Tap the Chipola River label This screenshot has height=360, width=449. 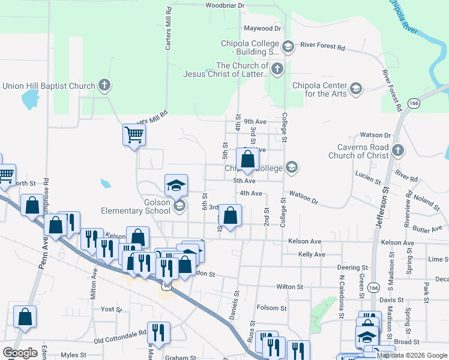(404, 18)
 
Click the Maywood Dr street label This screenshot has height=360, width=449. (262, 28)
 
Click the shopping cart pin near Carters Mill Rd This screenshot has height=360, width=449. (134, 134)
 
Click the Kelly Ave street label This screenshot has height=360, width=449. (312, 254)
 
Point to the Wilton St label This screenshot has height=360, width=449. (289, 287)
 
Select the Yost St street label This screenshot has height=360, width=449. (112, 310)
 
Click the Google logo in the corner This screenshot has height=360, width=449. (20, 352)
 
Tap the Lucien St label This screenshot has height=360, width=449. (368, 179)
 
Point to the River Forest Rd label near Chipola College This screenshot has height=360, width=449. (323, 46)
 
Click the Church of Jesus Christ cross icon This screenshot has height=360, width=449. (277, 68)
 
